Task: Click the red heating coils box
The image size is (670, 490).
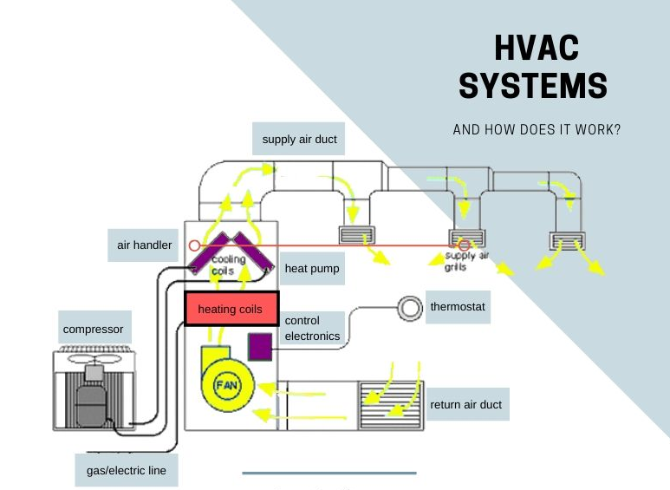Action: point(231,308)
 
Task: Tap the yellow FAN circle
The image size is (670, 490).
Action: point(227,385)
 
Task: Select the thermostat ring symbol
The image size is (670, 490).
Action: point(410,308)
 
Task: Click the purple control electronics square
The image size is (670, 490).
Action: point(260,346)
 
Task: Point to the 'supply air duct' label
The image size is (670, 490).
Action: point(299,139)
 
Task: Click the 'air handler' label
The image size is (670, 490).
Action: point(143,245)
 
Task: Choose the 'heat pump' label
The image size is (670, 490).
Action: point(312,269)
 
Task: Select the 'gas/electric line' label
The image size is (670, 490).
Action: point(127,470)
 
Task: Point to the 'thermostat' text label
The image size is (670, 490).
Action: point(458,307)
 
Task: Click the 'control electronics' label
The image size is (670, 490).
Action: point(312,328)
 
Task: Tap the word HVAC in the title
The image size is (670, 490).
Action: point(537,48)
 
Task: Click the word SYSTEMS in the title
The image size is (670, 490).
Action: point(533,86)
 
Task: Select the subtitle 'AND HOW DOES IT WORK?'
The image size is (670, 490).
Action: point(537,129)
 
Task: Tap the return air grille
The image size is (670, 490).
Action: point(391,405)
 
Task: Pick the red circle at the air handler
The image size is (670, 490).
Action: point(194,245)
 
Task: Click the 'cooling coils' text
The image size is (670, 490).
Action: point(227,265)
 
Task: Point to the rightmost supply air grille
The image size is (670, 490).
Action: point(567,241)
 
